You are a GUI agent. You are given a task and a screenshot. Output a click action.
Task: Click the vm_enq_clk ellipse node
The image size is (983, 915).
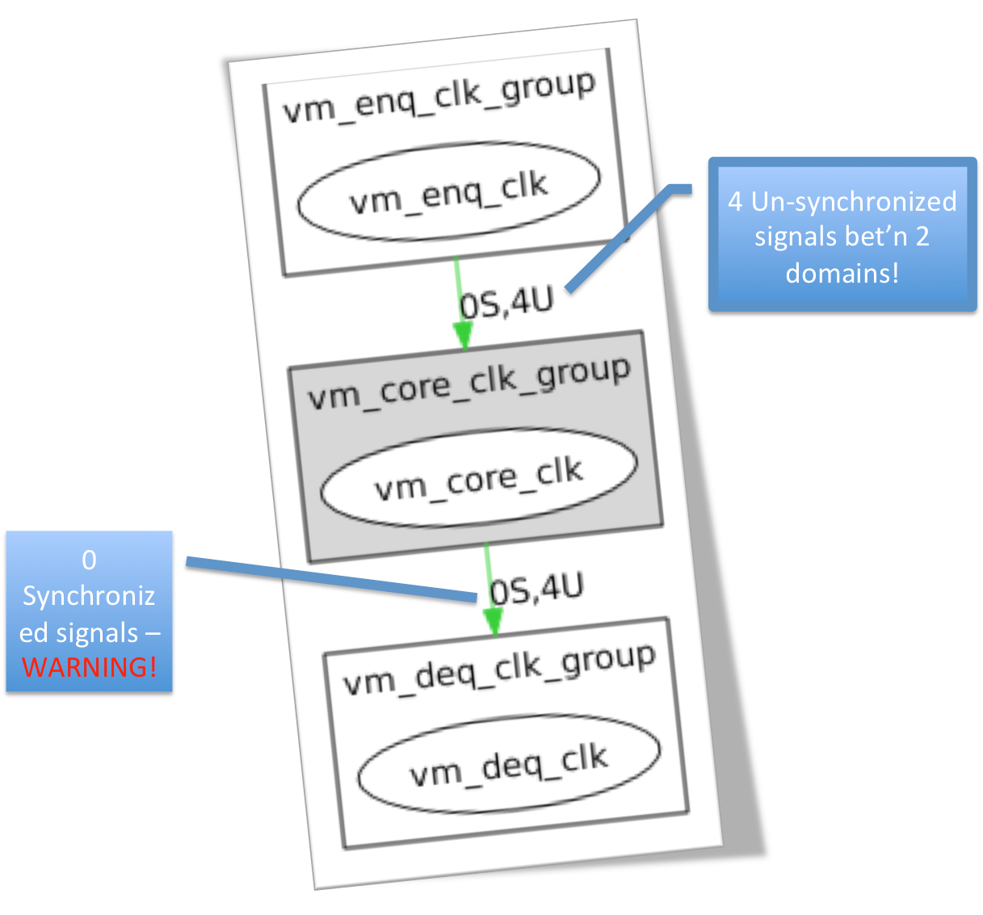point(448,192)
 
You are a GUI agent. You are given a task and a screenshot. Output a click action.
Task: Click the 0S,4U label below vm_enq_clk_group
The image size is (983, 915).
point(506,304)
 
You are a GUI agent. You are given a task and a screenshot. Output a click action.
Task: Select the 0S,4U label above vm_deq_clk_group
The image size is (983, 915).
point(536,590)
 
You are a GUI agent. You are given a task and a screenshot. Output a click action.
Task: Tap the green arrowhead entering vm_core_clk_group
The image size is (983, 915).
point(463,334)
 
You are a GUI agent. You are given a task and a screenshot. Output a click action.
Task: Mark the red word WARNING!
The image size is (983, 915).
point(89,667)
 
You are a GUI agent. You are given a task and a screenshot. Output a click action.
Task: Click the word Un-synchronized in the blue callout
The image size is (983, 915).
point(854,201)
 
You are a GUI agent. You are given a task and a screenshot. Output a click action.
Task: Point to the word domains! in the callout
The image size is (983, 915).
point(842,273)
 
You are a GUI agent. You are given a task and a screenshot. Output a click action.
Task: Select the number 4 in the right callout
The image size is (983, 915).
point(735,201)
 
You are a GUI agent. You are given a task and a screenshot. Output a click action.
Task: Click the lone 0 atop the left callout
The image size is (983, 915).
point(89,560)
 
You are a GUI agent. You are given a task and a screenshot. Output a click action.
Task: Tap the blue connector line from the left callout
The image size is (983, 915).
point(331,579)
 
